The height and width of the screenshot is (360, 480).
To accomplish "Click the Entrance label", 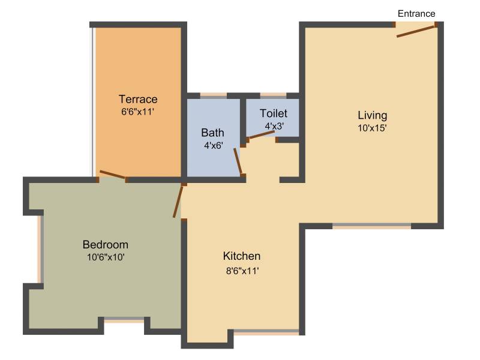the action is click(416, 14).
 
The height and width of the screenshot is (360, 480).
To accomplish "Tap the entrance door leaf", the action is click(415, 32).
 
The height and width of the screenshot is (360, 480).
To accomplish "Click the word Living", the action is click(372, 115).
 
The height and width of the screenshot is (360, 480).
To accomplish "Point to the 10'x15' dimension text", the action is click(372, 128).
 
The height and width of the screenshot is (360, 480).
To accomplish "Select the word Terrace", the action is click(138, 99).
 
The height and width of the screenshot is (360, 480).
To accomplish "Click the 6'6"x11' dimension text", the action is click(137, 112).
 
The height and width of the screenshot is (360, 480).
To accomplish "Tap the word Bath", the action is click(212, 133).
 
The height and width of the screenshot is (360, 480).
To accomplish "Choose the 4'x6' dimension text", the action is click(214, 145).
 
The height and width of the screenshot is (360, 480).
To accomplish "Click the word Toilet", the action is click(274, 113).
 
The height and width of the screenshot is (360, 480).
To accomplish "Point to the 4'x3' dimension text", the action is click(274, 126).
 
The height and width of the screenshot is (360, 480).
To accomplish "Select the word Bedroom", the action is click(106, 245).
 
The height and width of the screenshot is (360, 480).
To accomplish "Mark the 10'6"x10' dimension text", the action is click(106, 257).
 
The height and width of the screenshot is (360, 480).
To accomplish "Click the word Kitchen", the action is click(242, 256).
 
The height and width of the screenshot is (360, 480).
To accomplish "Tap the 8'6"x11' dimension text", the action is click(242, 271).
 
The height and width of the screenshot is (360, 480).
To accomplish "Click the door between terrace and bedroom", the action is click(112, 174).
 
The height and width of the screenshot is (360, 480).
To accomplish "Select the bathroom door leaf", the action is click(238, 161).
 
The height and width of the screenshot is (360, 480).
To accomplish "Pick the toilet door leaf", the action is click(261, 135).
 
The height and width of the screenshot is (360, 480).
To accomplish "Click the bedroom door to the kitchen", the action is click(178, 202).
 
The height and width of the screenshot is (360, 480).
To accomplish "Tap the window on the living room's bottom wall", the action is click(371, 226).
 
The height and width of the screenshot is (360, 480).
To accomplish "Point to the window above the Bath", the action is click(214, 95).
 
